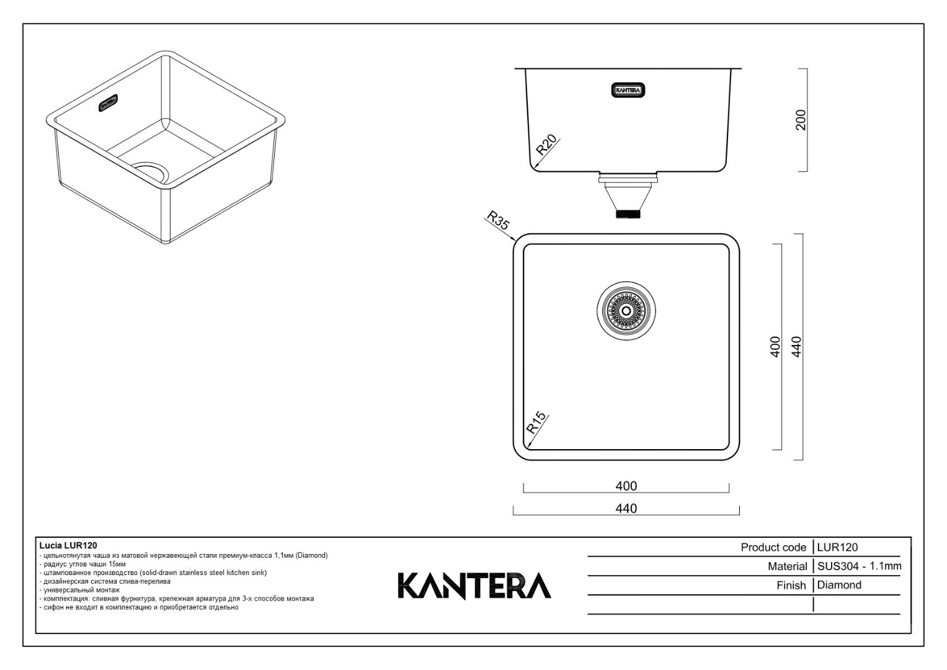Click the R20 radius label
click(x=546, y=145)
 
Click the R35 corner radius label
click(x=498, y=220)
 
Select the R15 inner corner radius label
click(x=536, y=422)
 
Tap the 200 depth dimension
click(x=800, y=120)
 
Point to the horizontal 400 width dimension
click(x=626, y=486)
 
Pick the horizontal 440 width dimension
click(x=626, y=509)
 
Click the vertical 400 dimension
click(x=775, y=347)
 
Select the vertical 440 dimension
click(x=796, y=347)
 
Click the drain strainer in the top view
click(x=626, y=311)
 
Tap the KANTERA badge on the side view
click(x=628, y=90)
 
